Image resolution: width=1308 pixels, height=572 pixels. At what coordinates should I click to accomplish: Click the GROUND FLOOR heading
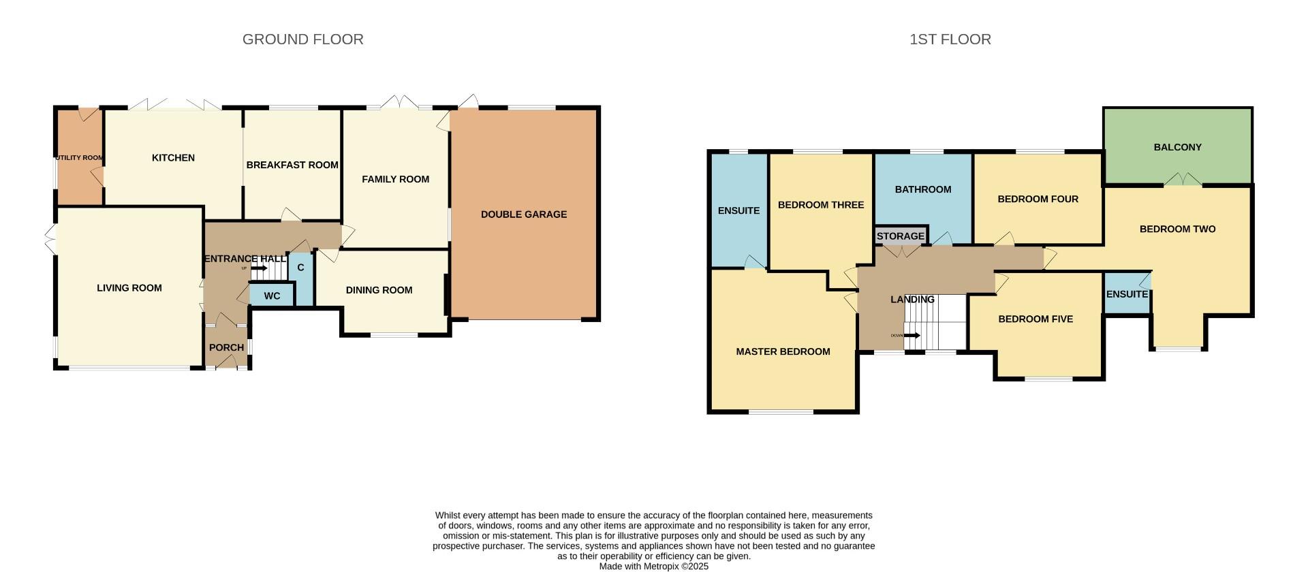click(x=302, y=39)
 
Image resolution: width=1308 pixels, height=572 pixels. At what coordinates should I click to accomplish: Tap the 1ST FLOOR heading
click(x=950, y=39)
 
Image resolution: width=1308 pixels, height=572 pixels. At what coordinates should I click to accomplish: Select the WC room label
click(x=272, y=296)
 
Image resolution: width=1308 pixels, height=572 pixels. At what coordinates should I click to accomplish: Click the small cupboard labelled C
click(x=300, y=268)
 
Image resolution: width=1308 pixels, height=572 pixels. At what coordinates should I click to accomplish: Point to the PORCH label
click(x=226, y=347)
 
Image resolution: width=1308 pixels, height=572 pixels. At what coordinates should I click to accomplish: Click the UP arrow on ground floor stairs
click(x=259, y=268)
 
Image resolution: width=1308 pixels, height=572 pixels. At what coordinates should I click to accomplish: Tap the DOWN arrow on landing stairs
click(x=912, y=336)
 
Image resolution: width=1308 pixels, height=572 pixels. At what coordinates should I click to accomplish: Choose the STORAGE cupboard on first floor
click(x=900, y=236)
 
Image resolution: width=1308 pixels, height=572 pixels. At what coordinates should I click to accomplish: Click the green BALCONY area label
click(x=1177, y=147)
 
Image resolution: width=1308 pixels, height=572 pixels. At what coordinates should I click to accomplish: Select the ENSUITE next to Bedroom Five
click(x=1127, y=294)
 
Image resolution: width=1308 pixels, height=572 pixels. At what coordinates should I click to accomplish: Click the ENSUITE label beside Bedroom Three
click(x=738, y=210)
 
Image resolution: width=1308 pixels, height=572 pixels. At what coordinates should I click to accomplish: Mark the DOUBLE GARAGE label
click(x=523, y=214)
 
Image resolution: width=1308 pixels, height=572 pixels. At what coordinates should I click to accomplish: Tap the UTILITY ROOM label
click(x=80, y=157)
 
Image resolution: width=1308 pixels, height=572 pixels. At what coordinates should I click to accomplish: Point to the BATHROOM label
click(x=922, y=189)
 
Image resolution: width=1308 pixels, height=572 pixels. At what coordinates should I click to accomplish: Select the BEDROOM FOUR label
click(x=1038, y=199)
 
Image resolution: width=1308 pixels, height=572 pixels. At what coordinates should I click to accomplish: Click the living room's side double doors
click(x=50, y=241)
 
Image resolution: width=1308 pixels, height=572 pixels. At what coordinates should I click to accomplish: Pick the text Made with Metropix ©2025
click(x=653, y=566)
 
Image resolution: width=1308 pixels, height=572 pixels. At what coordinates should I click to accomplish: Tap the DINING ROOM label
click(x=379, y=290)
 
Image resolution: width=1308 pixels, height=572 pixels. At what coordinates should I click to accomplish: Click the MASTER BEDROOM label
click(x=783, y=351)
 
